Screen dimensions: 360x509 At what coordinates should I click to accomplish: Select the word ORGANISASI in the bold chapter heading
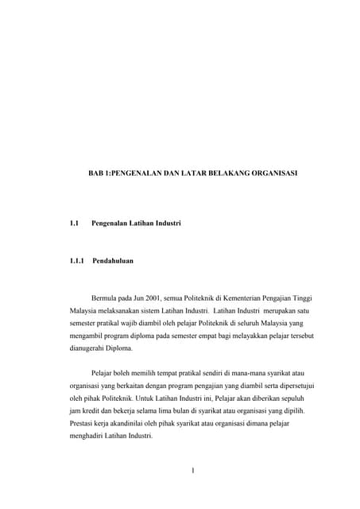(269, 172)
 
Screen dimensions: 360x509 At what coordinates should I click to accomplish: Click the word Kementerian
(235, 296)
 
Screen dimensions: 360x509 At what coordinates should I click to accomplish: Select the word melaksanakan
(119, 309)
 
